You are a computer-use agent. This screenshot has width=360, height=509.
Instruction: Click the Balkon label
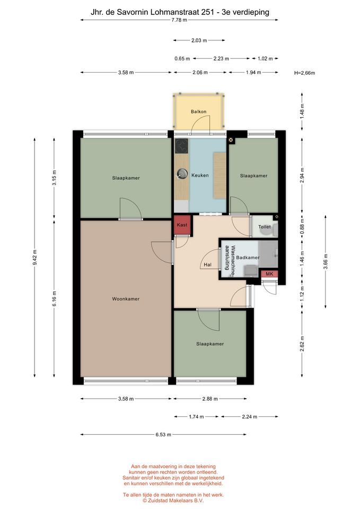point(198,112)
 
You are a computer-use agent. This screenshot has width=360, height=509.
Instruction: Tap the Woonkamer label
point(126,299)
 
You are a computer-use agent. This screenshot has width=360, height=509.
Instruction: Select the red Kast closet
point(182,225)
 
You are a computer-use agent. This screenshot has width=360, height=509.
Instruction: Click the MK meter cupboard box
point(269,274)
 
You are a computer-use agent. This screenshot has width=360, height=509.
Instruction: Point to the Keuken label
point(200,175)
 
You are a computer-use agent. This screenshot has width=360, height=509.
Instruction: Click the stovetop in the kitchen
point(181,146)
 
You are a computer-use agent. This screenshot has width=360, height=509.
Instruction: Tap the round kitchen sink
point(182,174)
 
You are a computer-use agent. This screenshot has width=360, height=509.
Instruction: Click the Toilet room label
point(264,227)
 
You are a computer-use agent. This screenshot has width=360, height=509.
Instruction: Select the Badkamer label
point(248,258)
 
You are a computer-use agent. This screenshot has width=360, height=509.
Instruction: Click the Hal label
point(207,265)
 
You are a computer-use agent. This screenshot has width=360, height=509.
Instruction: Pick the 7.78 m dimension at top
point(179,20)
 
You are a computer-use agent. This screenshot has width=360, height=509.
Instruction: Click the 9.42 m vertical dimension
point(35,258)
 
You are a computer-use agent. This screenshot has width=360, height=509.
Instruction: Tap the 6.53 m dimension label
point(163,434)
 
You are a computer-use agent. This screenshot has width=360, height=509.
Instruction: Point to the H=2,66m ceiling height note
point(304,73)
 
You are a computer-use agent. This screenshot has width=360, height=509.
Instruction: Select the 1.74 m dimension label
point(196,417)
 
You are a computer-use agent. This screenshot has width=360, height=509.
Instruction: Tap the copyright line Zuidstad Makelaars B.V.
point(173,501)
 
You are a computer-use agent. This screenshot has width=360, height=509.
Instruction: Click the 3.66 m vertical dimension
point(326,261)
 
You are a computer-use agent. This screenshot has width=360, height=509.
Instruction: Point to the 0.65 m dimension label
point(182,59)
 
